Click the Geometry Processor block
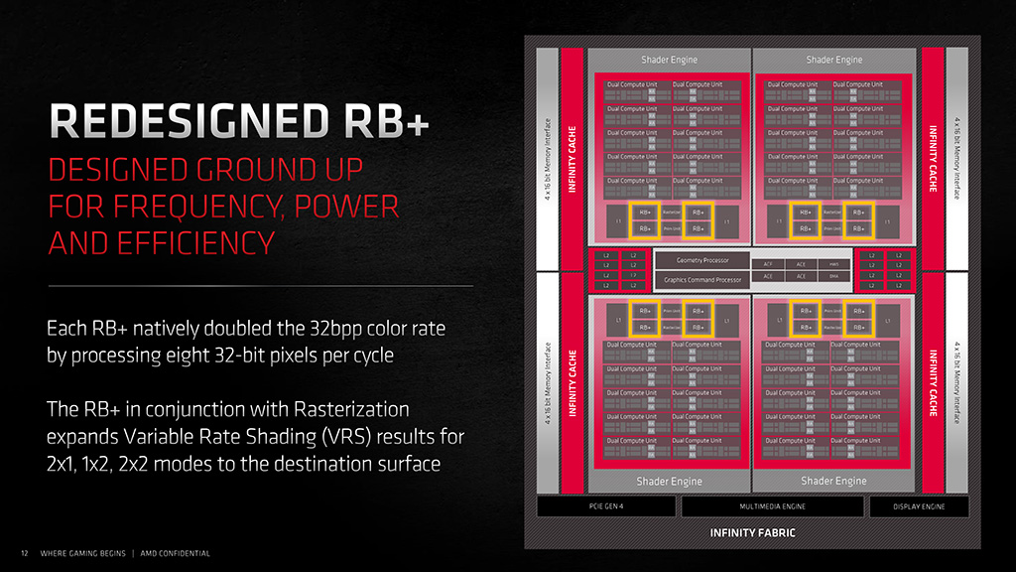click(701, 260)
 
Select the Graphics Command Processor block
click(701, 280)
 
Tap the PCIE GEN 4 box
click(606, 507)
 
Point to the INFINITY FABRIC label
click(752, 533)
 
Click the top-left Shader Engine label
click(669, 60)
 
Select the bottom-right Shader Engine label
click(833, 481)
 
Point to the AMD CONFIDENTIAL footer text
click(175, 553)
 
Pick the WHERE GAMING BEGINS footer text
click(82, 553)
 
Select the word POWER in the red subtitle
click(346, 207)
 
